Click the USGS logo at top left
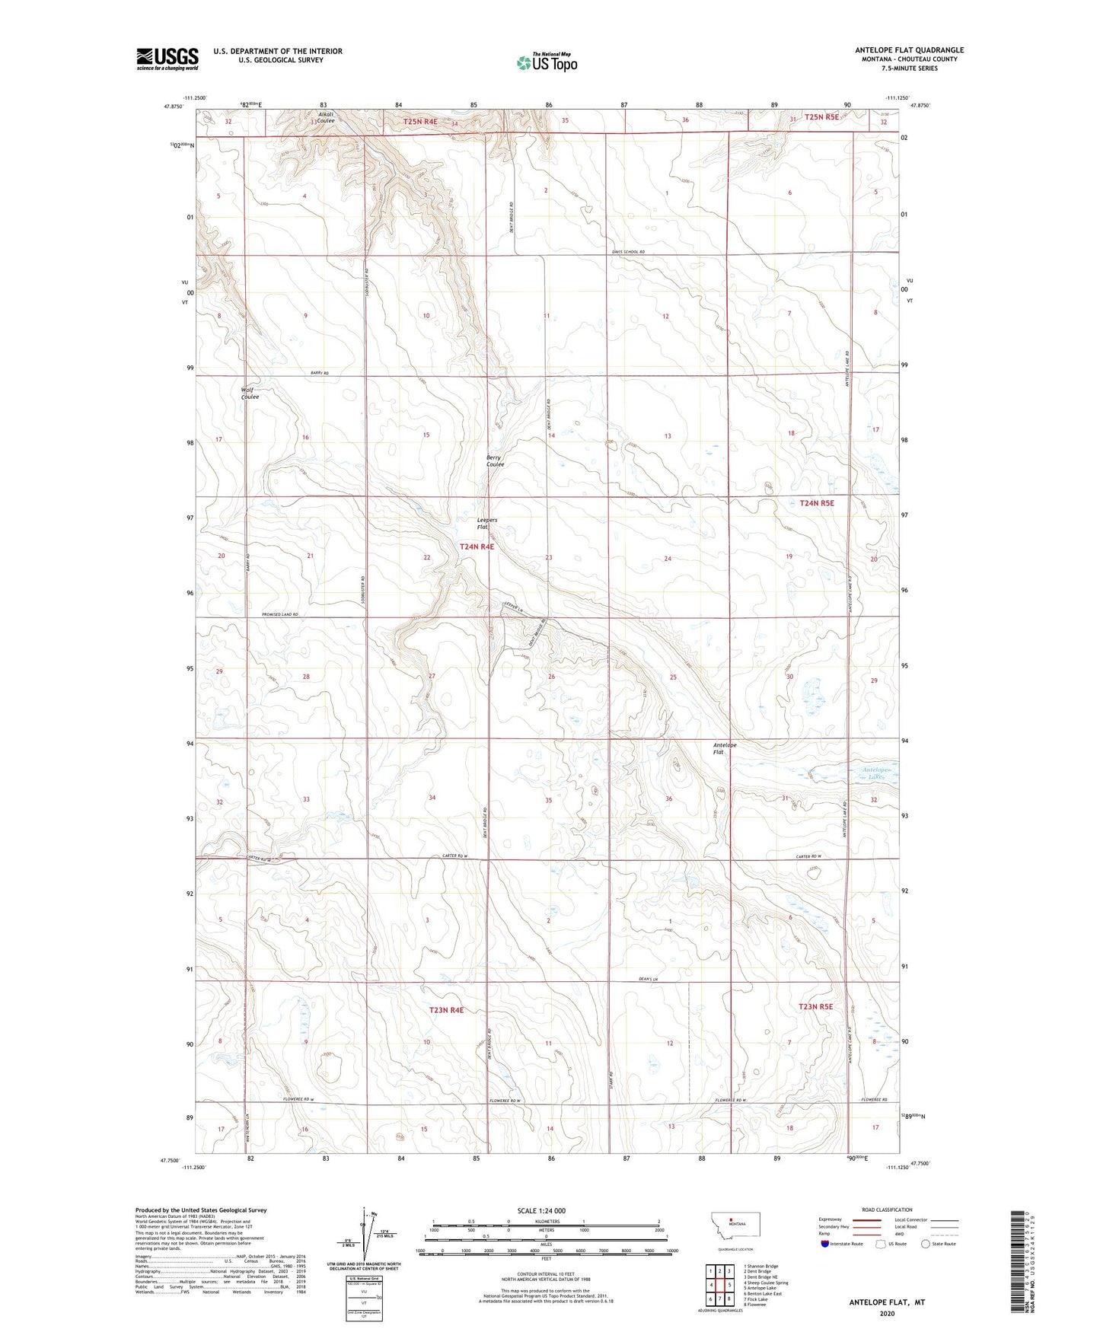coord(167,59)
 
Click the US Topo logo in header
coord(547,62)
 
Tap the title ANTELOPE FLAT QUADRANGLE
coord(909,50)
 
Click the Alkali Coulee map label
coord(326,118)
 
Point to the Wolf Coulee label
coord(250,393)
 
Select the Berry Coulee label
coord(495,461)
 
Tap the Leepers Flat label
coord(486,524)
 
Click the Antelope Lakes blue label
coord(875,773)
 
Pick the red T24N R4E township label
coord(477,547)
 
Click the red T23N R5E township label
coord(815,1006)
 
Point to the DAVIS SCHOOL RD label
coord(628,252)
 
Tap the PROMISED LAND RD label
coord(279,614)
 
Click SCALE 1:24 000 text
coord(541,1210)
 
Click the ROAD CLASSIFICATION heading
coord(886,1209)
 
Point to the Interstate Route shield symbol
coord(824,1244)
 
